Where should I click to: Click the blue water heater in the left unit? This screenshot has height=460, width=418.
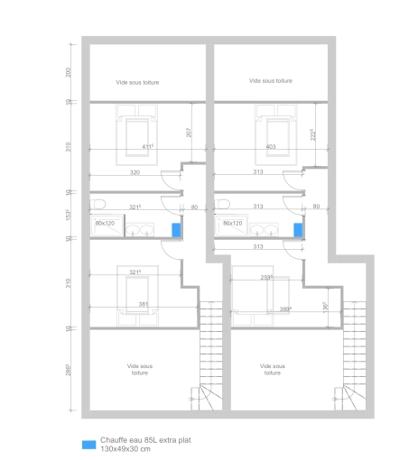pos(177,229)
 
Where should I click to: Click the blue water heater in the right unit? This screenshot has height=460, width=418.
pos(298,229)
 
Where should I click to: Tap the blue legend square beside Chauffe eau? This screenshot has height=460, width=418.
pos(88,445)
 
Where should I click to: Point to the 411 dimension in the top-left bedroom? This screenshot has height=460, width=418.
pos(147,146)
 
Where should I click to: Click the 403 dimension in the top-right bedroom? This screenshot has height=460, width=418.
pos(271,146)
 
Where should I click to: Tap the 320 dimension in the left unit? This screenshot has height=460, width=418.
pos(135,171)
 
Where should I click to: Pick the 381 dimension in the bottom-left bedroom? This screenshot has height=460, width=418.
pos(143,304)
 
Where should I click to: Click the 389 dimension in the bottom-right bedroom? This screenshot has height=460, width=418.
pos(285,308)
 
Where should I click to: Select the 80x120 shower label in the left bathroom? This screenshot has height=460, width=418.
pos(106,222)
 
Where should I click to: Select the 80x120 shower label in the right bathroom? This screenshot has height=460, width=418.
pos(233,222)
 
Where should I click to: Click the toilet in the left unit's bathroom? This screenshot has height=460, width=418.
pos(98,202)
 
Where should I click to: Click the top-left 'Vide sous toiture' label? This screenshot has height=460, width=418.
pos(138,82)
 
